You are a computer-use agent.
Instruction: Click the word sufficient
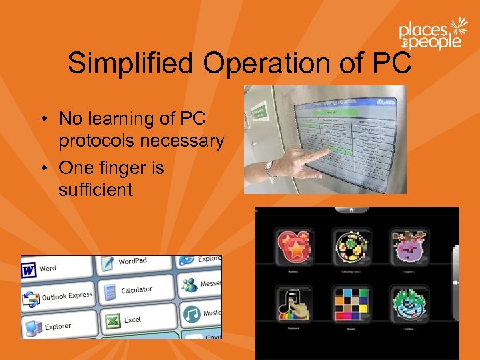coord(95,190)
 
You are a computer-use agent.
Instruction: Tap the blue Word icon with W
coord(29,270)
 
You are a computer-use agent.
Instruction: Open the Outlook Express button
coord(31,299)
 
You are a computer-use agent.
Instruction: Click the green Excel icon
coord(111,321)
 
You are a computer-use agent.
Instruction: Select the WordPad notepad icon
coord(107,263)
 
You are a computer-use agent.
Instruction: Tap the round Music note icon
coord(192,313)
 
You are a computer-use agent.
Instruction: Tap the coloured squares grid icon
coord(350,305)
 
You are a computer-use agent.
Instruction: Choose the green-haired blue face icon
coord(407,305)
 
